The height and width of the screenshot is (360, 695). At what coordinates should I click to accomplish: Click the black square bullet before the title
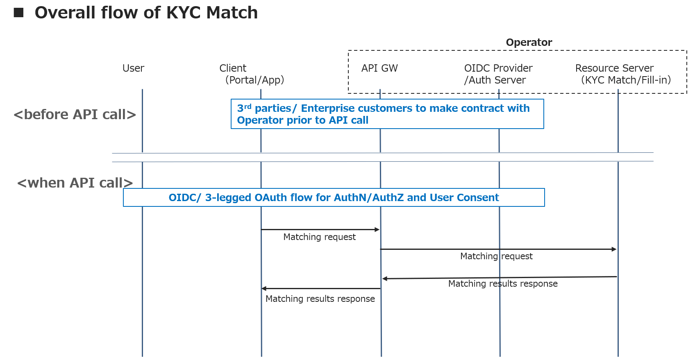click(18, 13)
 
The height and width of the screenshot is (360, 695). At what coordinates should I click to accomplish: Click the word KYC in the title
click(183, 13)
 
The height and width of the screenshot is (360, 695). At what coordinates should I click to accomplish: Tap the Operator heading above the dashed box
click(529, 43)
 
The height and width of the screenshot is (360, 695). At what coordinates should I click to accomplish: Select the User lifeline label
click(133, 68)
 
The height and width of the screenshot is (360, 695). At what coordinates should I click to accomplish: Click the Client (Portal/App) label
click(251, 74)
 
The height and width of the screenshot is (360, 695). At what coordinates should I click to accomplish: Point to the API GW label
click(379, 68)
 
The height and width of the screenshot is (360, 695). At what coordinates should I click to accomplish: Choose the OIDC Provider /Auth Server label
click(497, 74)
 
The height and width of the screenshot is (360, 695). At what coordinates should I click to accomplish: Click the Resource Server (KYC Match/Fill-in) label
click(622, 74)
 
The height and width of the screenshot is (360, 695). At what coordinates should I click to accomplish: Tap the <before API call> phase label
click(75, 115)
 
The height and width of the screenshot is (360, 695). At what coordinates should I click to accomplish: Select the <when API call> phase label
click(75, 183)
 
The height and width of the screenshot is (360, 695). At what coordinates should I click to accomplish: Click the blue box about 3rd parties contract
click(387, 114)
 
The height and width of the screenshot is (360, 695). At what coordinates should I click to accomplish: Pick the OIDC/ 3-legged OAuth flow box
click(334, 198)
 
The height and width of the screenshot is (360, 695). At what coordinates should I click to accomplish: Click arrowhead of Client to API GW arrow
click(377, 230)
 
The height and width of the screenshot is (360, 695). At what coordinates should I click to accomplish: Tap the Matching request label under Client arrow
click(319, 237)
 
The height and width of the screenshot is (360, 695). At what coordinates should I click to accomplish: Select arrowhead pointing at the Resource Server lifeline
click(614, 249)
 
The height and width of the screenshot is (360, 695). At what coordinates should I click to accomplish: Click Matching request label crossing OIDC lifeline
click(496, 256)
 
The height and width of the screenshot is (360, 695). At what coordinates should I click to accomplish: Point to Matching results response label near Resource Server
click(502, 284)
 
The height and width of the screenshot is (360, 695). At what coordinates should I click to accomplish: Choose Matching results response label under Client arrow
click(320, 299)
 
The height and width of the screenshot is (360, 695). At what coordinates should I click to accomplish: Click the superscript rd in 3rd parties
click(248, 106)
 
